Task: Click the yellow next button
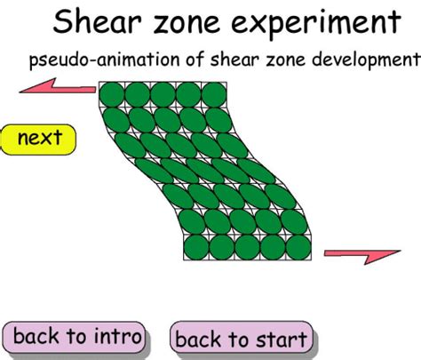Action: point(38,138)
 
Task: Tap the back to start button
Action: point(241,338)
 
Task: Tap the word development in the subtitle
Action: point(360,60)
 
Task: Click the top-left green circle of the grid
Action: point(112,93)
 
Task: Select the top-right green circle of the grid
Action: point(215,93)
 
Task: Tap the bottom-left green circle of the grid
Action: point(196,248)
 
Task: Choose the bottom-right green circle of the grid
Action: point(299,248)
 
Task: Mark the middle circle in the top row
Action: point(163,93)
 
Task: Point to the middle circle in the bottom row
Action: point(248,248)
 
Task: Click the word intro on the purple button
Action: point(115,337)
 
